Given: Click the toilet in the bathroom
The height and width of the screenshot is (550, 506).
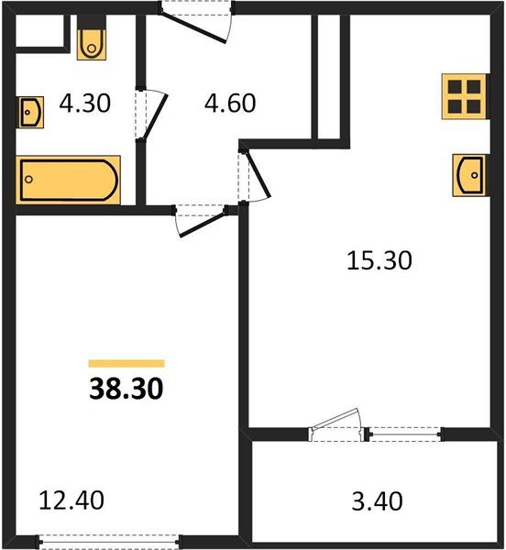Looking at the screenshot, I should click(92, 42).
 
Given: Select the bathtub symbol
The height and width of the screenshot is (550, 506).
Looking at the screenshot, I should click(67, 181).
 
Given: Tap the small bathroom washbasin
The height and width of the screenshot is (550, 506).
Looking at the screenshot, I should click(29, 112).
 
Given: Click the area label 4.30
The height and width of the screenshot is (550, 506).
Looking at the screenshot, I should click(84, 103).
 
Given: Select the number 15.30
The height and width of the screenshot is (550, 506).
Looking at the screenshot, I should click(379, 261).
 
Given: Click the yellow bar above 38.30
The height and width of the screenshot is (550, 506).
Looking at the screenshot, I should click(126, 363).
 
